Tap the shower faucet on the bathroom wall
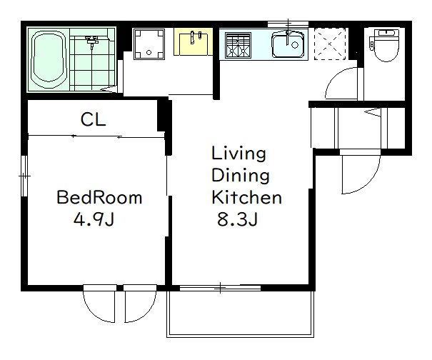pyautogui.click(x=91, y=42)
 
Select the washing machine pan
pyautogui.click(x=149, y=44)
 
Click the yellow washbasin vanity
pyautogui.click(x=193, y=41)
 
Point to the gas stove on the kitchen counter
pyautogui.click(x=238, y=46)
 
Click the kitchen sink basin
pyautogui.click(x=288, y=45)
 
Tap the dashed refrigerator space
pyautogui.click(x=329, y=44)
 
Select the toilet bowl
pyautogui.click(x=386, y=45)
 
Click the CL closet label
pyautogui.click(x=93, y=119)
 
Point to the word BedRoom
pyautogui.click(x=99, y=197)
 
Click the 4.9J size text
pyautogui.click(x=94, y=219)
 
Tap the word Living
pyautogui.click(x=238, y=154)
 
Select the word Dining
pyautogui.click(x=240, y=176)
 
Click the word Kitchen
pyautogui.click(x=246, y=197)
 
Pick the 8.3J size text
pyautogui.click(x=237, y=219)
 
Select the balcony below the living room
pyautogui.click(x=240, y=314)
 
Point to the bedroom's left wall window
pyautogui.click(x=24, y=176)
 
